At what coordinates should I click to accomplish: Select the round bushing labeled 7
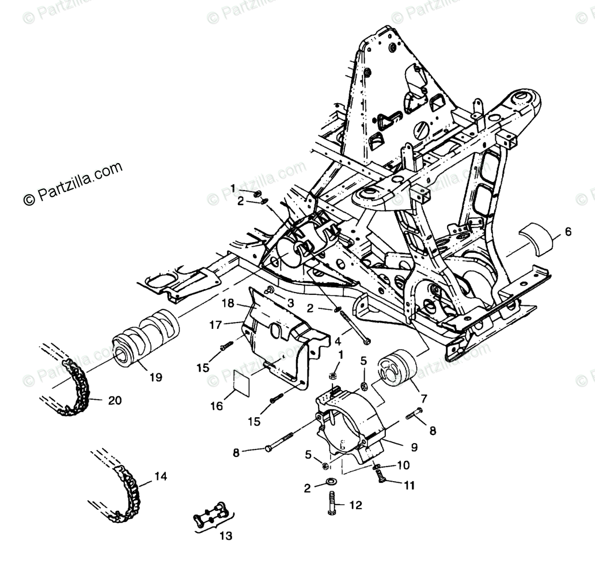click(397, 369)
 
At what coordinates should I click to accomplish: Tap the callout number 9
click(414, 446)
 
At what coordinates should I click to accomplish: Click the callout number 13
click(226, 536)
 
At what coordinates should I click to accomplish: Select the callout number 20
click(115, 400)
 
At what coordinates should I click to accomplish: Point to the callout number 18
click(228, 303)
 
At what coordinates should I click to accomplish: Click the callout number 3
click(290, 303)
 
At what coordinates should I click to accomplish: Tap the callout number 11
click(408, 486)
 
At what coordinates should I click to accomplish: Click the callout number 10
click(403, 464)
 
